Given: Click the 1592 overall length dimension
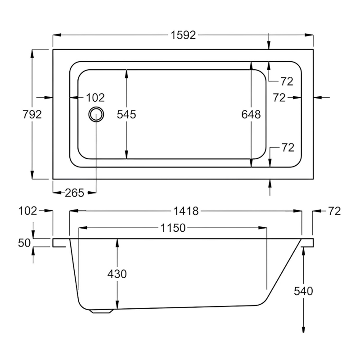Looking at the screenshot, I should pos(183,35).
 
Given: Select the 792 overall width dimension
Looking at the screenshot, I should pos(32,114).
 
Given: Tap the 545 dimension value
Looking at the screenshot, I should pos(126,114).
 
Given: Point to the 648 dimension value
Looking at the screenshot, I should pos(251,114).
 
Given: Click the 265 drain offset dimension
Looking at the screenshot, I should pos(75,193).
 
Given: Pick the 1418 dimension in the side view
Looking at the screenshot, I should pos(185,211).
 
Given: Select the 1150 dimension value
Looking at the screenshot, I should pos(173,228).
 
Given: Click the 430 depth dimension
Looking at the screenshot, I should pos(117,274).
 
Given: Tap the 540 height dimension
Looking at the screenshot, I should pos(303,291).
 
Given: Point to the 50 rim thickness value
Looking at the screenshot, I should pos(24,243).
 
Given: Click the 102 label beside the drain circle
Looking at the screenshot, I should pos(95,97).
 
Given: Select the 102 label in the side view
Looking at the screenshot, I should pos(28,211).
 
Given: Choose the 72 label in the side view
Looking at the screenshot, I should pos(334,211).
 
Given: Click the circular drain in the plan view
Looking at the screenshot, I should pos(96,114).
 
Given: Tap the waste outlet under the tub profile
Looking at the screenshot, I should pos(101,310).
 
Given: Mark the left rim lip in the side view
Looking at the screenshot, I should pos(61,243).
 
